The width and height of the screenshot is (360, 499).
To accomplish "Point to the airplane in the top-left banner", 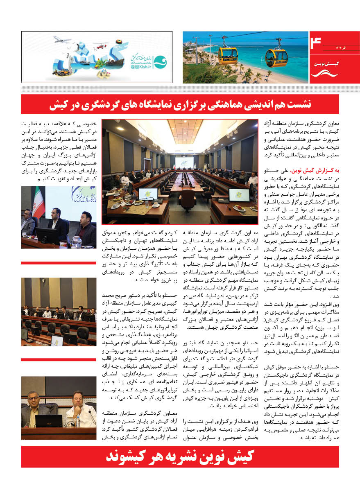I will (x=62, y=40).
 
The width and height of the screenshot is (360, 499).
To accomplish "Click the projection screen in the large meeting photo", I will (x=184, y=163).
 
